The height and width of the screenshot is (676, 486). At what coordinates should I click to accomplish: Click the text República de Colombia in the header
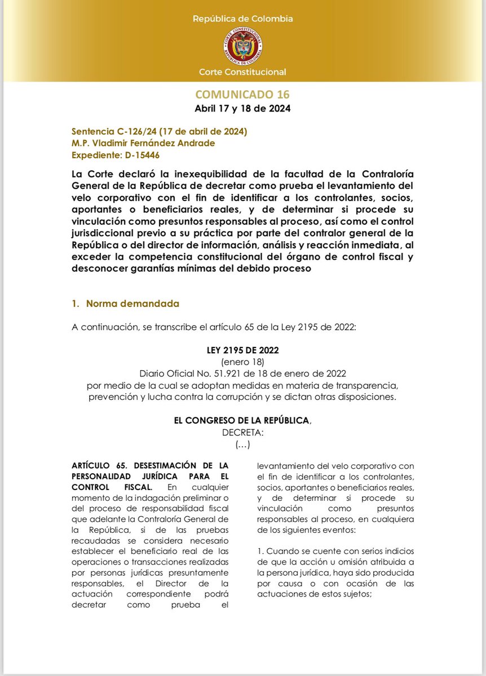[242, 19]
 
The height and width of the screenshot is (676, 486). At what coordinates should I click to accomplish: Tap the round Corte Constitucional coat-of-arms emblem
[242, 46]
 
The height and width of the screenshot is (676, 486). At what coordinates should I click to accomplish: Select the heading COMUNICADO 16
[242, 94]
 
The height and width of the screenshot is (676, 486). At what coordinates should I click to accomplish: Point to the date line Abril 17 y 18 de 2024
[242, 108]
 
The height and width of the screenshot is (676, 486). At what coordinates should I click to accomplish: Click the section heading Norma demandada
[132, 304]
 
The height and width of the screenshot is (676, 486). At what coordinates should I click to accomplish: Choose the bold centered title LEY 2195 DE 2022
[242, 350]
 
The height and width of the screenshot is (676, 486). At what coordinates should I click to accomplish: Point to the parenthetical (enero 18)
[242, 361]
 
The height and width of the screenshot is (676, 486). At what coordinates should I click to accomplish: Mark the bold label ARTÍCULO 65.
[94, 465]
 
